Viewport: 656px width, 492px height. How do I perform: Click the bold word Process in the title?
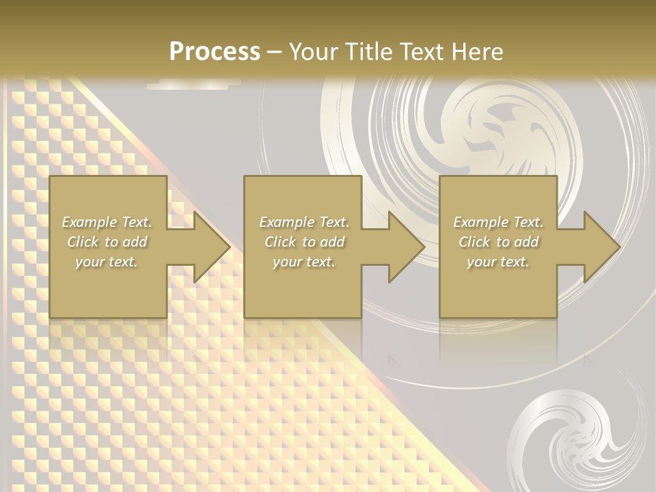tap(215, 51)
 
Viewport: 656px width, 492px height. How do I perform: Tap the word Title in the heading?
tap(369, 51)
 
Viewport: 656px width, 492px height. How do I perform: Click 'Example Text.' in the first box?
tap(107, 222)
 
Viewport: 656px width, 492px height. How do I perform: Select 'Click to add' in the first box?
tap(107, 242)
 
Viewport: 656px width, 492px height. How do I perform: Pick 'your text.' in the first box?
tap(107, 262)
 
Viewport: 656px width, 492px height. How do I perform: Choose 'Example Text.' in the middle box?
tap(304, 222)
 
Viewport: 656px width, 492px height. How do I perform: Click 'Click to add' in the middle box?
tap(304, 242)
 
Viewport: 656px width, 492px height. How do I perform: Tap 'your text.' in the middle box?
tap(304, 262)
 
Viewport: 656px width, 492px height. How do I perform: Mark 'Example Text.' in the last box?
tap(498, 222)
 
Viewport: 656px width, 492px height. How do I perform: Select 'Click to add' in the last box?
tap(498, 242)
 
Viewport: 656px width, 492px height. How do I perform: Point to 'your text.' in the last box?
tap(498, 262)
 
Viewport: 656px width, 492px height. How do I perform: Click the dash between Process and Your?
tap(274, 52)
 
